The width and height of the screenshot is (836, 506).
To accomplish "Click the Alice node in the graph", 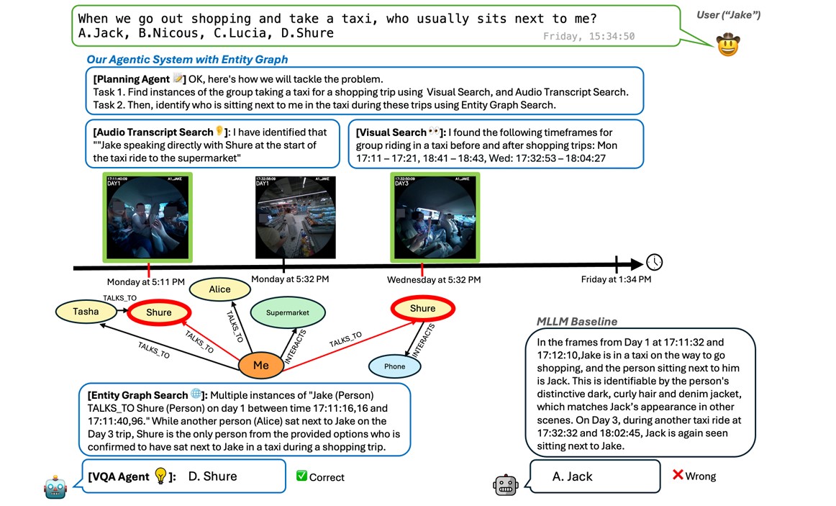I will [x=219, y=289].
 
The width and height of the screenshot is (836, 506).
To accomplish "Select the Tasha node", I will [x=86, y=312].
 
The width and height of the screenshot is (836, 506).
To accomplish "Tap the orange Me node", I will [x=260, y=366].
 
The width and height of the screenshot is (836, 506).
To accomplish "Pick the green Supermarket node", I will [x=288, y=313].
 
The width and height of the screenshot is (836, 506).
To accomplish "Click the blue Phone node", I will [x=394, y=366].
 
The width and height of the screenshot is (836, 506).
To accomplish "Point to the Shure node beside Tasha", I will [x=159, y=312].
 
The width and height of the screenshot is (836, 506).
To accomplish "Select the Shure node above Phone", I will [x=422, y=309].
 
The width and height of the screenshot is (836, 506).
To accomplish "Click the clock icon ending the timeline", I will [x=655, y=262].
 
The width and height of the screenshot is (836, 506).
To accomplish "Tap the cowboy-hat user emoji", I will [x=728, y=45].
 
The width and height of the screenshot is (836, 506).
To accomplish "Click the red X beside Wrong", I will [x=677, y=475].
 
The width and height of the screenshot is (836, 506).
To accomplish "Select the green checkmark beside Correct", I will [x=302, y=476].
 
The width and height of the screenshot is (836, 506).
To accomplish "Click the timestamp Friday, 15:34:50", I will [x=589, y=36].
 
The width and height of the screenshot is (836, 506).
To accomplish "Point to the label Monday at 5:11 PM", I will [x=146, y=281].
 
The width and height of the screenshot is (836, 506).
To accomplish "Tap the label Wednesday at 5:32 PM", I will [x=434, y=280].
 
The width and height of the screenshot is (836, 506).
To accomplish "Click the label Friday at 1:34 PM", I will [x=617, y=279].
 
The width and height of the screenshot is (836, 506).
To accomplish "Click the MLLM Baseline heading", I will [x=577, y=322].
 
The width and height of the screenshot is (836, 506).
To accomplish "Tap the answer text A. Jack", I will [x=573, y=476].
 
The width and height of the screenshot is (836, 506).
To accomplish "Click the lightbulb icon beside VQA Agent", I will [x=161, y=476].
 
